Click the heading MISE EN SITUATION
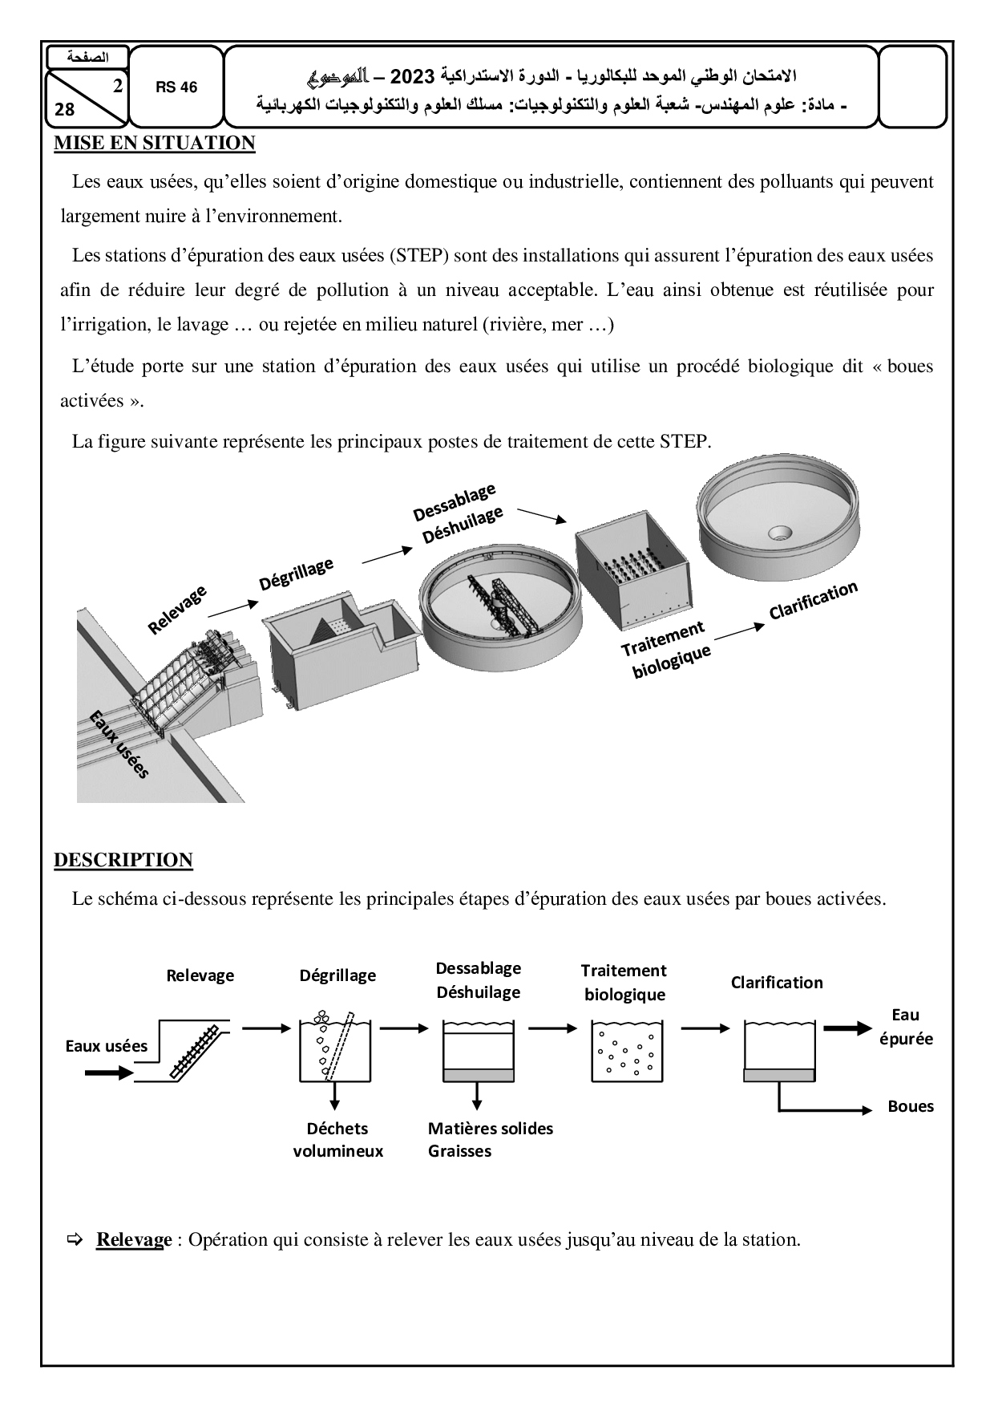(154, 144)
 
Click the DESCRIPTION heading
(123, 860)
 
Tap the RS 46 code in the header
(176, 87)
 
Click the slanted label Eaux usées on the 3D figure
(119, 744)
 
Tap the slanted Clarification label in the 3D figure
(813, 600)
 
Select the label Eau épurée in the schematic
(906, 1027)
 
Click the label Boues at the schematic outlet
(911, 1106)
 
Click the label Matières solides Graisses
(490, 1139)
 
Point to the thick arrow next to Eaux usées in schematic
(109, 1072)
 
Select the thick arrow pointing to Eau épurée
(847, 1029)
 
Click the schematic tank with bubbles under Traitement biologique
(625, 1049)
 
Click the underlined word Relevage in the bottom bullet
(134, 1239)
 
